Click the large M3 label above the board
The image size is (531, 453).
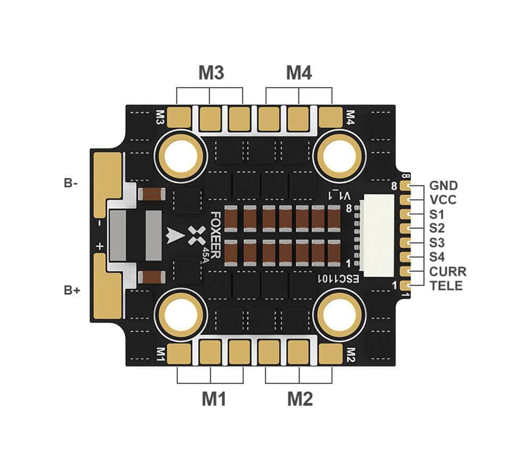[x=211, y=72]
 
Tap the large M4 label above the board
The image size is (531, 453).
[x=299, y=72]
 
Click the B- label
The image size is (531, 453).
[x=71, y=183]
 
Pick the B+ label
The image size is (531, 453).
[x=72, y=290]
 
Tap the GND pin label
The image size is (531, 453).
[x=443, y=185]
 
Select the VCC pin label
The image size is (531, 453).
[x=443, y=200]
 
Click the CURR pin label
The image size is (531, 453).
[x=448, y=271]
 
